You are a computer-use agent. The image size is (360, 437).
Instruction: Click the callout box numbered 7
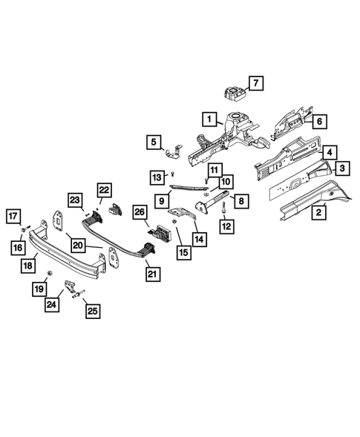coord(256,83)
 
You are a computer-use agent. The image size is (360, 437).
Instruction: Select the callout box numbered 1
coord(209,119)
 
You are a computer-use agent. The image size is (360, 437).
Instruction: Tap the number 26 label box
coord(140,212)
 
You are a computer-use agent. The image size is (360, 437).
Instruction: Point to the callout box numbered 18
coord(28,266)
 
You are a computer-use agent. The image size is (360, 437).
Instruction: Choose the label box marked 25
coord(93,311)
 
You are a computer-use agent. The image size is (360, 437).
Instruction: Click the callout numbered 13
coord(157,177)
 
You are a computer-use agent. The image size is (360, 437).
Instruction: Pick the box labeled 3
coord(342,168)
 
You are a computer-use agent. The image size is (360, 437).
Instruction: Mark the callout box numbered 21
coord(152,275)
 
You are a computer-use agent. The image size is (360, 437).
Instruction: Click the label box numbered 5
coord(154,142)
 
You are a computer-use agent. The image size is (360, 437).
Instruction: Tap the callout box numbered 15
coord(184,252)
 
